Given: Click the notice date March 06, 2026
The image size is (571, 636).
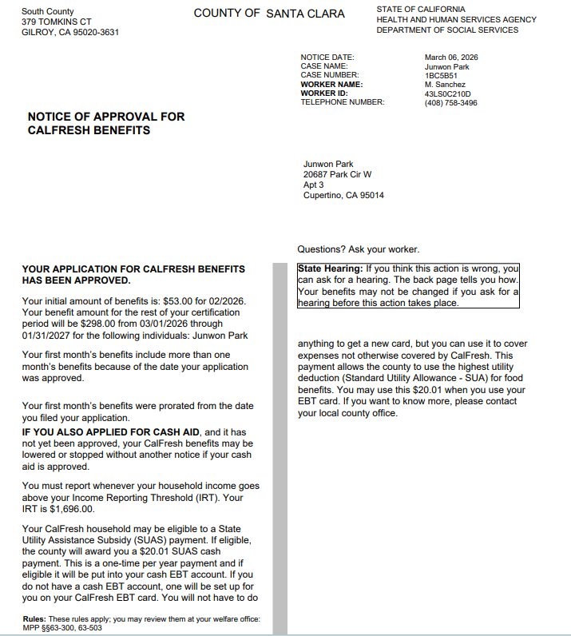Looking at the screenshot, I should click(451, 58).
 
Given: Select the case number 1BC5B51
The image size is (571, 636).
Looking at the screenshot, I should click(438, 76).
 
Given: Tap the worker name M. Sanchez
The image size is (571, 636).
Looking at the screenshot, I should click(445, 85).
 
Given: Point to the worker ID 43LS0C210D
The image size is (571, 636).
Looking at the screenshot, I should click(447, 93).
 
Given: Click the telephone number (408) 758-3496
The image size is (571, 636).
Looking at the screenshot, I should click(450, 102).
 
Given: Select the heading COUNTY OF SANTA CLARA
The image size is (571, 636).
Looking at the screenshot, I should click(269, 14).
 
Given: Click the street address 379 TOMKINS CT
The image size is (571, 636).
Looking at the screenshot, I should click(57, 22).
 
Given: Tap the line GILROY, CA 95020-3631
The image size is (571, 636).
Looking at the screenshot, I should click(70, 32).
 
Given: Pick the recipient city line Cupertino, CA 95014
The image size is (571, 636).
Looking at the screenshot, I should click(343, 195).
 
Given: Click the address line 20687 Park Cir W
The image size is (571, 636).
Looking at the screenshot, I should click(337, 174).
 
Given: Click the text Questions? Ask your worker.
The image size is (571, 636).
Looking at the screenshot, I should click(358, 249).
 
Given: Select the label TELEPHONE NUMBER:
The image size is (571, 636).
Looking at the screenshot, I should click(343, 102).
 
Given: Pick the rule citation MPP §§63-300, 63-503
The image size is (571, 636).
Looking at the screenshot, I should click(62, 628).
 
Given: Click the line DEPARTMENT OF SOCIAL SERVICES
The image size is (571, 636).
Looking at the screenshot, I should click(447, 30).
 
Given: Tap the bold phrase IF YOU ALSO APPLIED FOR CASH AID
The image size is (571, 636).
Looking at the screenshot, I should click(110, 432).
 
